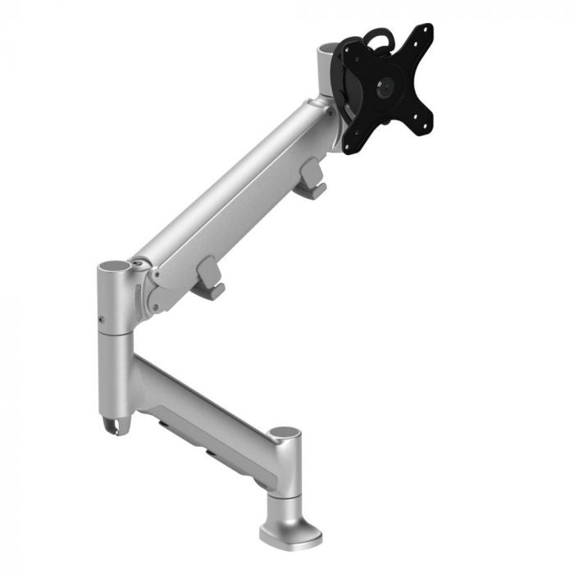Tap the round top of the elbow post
coord(115,268)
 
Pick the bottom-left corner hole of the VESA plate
coord(348,146)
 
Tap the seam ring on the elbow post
coord(114,335)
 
